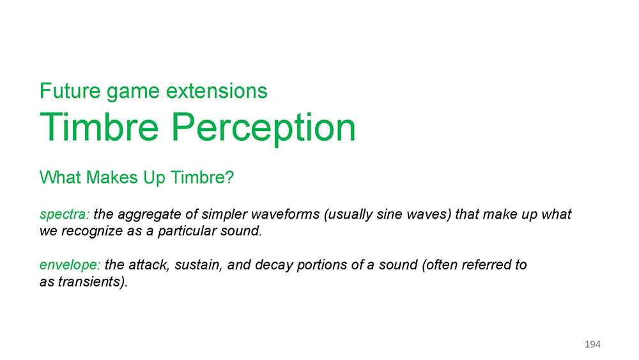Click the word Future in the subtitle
(x=70, y=91)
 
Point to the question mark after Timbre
(x=229, y=177)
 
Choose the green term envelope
(x=70, y=265)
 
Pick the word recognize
(x=92, y=231)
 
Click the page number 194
(x=592, y=344)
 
